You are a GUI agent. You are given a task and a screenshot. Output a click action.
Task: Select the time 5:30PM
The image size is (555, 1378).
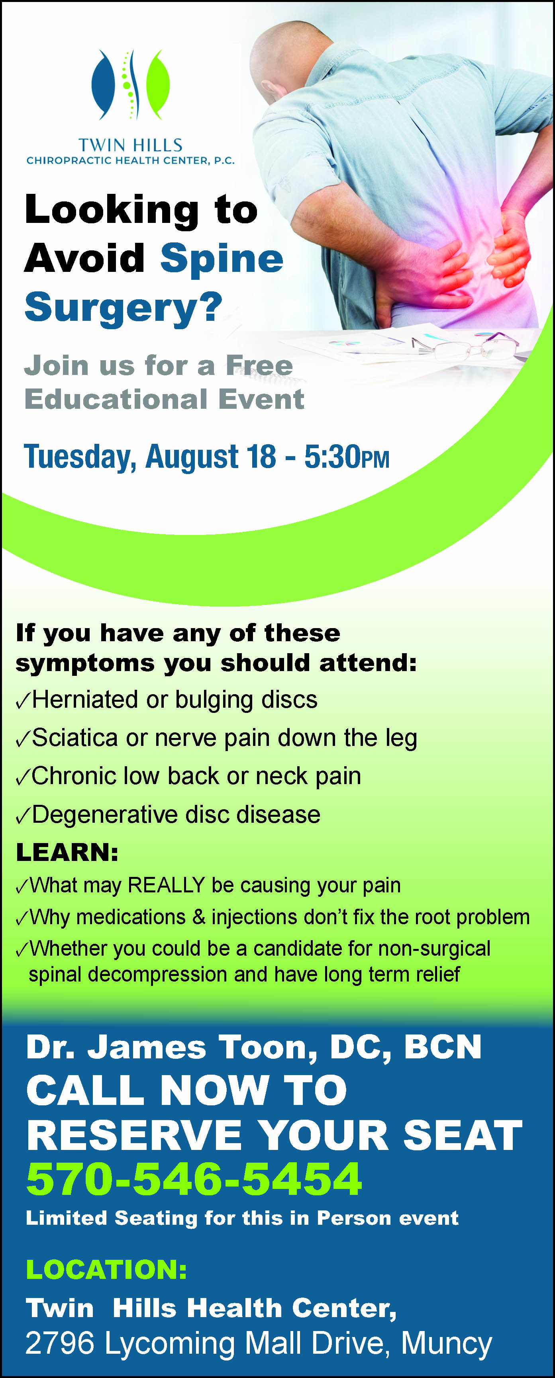[347, 457]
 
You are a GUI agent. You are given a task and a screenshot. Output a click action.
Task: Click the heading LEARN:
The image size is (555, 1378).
[67, 852]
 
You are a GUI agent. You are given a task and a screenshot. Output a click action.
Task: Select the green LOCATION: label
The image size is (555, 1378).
[106, 1269]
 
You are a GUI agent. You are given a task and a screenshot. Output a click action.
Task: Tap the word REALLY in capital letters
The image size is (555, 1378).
[167, 885]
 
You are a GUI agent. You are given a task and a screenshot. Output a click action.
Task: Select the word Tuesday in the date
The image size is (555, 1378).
[80, 458]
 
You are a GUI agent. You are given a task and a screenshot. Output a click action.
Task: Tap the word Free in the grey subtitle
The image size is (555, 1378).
[259, 365]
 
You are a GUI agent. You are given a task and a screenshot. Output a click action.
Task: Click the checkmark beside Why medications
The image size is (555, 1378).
[22, 919]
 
